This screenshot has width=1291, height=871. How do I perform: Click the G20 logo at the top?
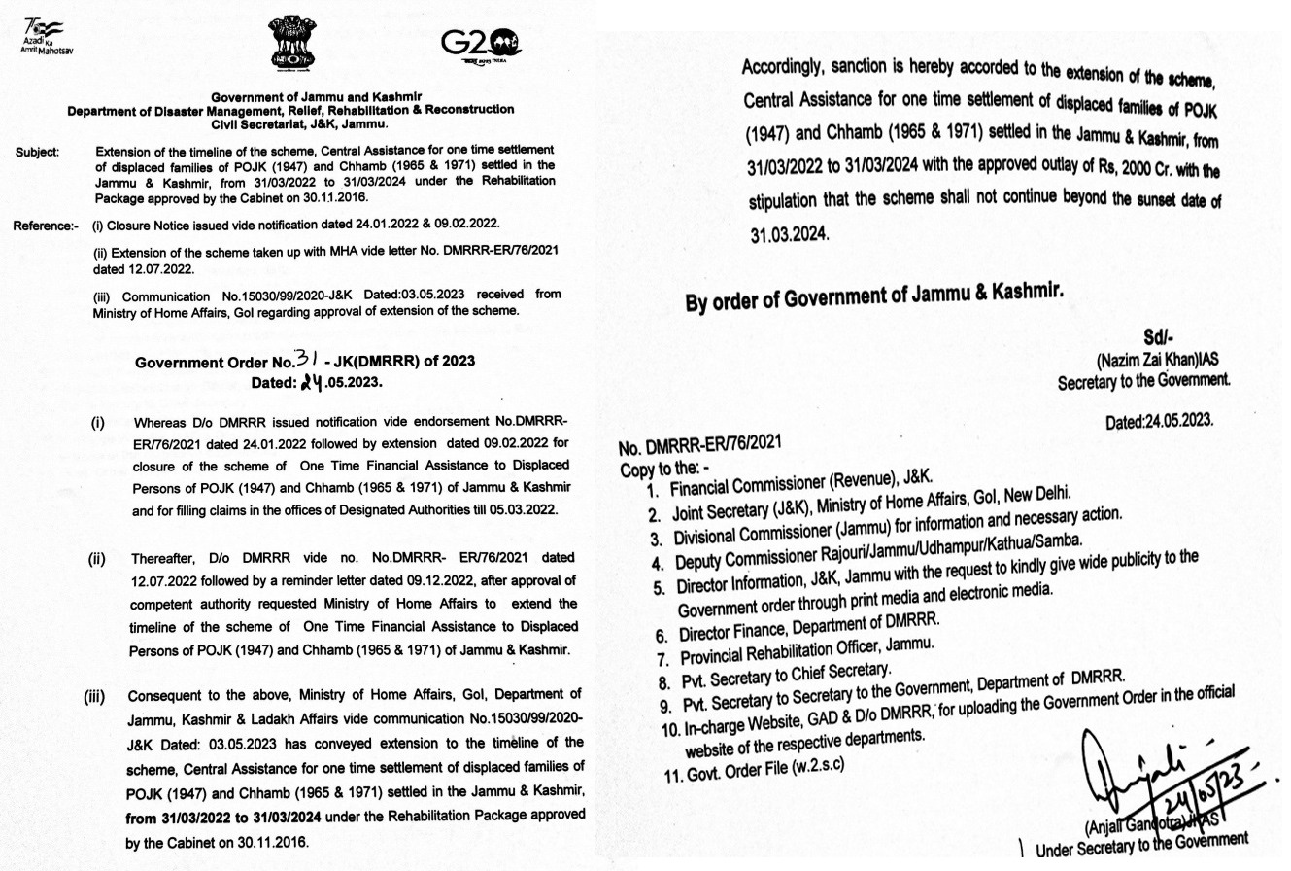click(480, 44)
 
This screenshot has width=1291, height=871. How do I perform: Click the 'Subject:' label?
click(38, 152)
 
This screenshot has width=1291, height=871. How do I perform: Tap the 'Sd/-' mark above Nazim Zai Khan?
click(1159, 337)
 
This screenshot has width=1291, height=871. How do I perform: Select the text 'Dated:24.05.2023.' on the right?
click(1159, 422)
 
